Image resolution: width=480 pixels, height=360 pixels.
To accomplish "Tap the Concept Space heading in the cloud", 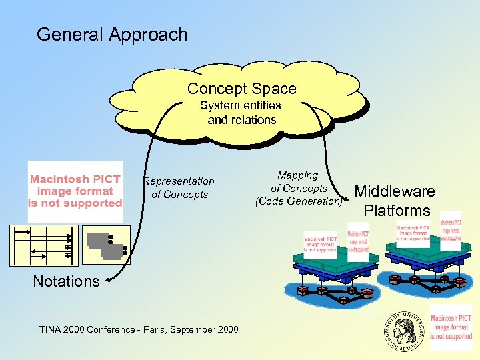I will pos(241,89).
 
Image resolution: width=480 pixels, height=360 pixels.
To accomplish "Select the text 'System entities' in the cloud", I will pos(241,105).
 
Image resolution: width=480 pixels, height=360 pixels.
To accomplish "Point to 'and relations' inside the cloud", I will pos(241,120).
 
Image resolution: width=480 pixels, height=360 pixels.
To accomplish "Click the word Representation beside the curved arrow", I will pos(179,181).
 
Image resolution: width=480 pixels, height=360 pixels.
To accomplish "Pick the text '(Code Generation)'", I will pos(299,201).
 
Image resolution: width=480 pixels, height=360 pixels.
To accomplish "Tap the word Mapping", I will pos(298,175).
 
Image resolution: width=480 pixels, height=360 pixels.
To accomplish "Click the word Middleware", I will pos(395,191).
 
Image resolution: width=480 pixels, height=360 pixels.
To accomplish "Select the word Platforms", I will pos(397,211).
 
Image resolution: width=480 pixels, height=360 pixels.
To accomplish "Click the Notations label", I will pos(66,281).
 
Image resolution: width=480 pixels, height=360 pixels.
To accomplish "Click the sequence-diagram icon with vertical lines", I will pos(51,243).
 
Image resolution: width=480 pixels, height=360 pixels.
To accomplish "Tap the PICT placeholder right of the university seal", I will pos(451,327).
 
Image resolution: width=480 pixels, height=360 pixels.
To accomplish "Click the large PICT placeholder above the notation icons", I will pos(75,191).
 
